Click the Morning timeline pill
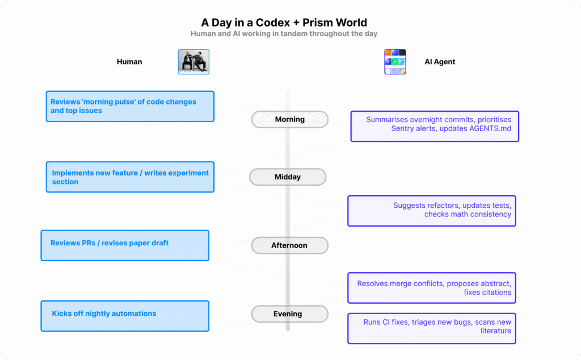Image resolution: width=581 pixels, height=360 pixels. tap(289, 119)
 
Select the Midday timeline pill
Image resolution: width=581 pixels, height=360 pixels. tap(288, 177)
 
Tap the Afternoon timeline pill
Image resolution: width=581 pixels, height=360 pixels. tap(289, 245)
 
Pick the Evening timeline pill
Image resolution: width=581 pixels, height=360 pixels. tap(289, 313)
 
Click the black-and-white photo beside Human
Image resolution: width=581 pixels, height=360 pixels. tap(193, 62)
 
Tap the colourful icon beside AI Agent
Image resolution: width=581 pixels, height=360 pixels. tap(395, 62)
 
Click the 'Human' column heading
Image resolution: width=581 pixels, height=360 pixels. tap(129, 62)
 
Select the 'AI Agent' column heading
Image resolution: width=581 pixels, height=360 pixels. tap(440, 62)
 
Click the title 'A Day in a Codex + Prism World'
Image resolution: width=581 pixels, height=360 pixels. tap(284, 23)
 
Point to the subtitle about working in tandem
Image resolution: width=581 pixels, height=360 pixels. tap(284, 34)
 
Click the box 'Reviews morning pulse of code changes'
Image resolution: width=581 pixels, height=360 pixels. tap(130, 106)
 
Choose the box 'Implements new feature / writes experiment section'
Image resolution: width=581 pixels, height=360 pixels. tap(130, 177)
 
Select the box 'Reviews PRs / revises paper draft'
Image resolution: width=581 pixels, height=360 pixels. tap(125, 245)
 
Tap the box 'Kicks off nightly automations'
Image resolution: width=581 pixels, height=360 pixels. tap(125, 316)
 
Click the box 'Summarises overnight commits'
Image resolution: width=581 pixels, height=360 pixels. tap(435, 126)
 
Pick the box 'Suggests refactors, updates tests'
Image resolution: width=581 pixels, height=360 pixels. tap(432, 211)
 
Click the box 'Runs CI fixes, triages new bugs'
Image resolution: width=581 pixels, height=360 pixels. tap(432, 328)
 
